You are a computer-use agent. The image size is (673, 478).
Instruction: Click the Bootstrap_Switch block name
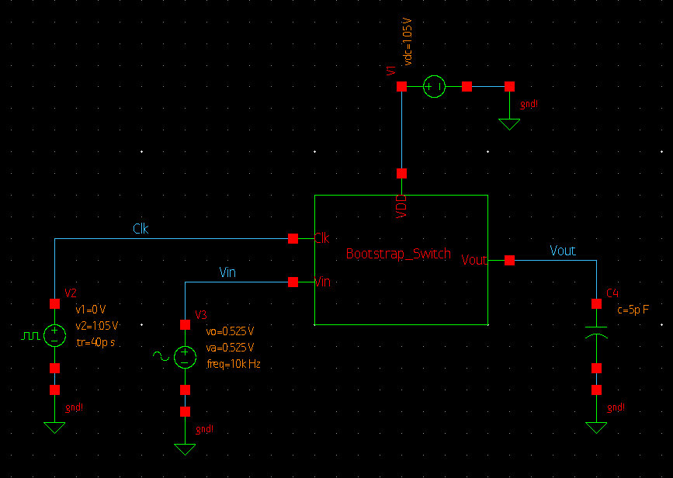point(398,254)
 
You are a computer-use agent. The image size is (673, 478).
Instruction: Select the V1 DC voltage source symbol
point(434,87)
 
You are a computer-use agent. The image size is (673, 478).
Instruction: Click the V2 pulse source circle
point(54,335)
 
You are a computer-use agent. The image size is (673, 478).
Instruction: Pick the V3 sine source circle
point(185,357)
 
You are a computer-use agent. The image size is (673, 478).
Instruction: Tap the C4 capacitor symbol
point(596,329)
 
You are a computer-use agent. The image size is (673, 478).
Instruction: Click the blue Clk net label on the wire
point(140,229)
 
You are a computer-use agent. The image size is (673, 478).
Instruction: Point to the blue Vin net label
point(227,272)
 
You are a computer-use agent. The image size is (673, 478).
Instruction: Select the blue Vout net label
point(563,251)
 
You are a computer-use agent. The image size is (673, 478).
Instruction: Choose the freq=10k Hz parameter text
point(234,363)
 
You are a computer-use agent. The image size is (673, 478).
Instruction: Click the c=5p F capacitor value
point(633,310)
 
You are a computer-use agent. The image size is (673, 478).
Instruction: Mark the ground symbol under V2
point(54,427)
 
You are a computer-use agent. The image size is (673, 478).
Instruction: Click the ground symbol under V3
point(185,449)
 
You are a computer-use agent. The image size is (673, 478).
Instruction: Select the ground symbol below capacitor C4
point(596,427)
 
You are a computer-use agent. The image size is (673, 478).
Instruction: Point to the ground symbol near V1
point(509,123)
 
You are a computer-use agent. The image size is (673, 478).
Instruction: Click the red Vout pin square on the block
point(509,261)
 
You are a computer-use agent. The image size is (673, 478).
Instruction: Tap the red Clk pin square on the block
point(293,238)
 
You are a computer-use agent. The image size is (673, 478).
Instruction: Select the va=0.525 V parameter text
point(230,347)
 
